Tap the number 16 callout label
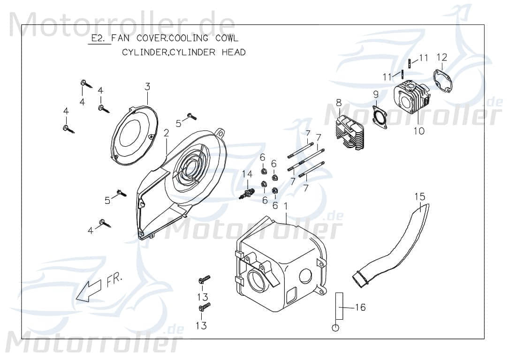click(360, 307)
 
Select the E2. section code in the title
click(99, 38)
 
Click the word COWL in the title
click(227, 38)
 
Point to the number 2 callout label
click(166, 133)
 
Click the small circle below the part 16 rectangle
click(335, 328)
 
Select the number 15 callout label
click(419, 195)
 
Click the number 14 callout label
click(247, 174)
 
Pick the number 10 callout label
click(419, 131)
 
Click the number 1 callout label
click(286, 206)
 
